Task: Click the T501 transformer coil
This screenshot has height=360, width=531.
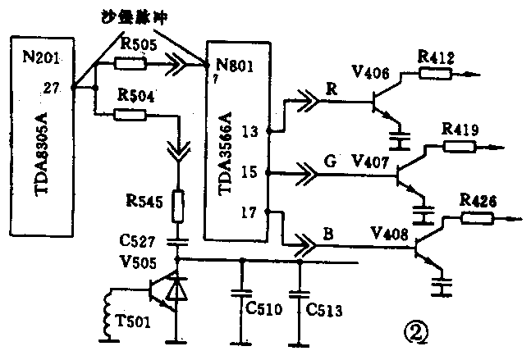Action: (x=106, y=313)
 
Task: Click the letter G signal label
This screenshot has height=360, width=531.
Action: (x=332, y=161)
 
